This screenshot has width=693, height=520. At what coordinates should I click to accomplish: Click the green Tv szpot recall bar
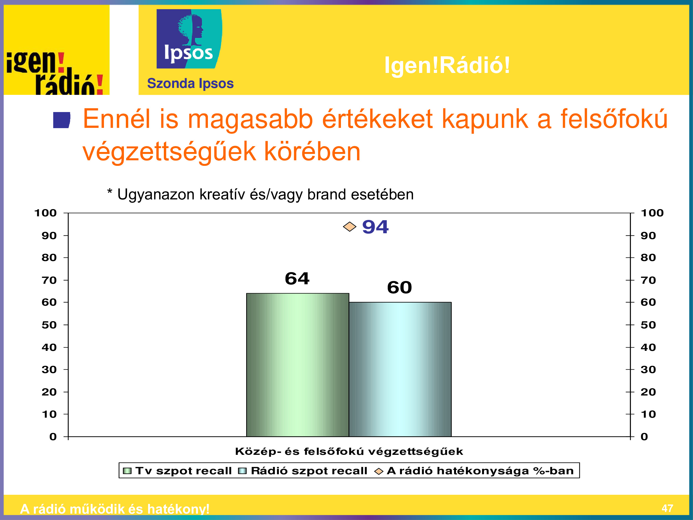pos(298,365)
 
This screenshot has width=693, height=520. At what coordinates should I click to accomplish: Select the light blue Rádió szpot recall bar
pos(400,369)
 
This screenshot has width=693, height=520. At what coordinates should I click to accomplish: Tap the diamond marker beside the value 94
pos(350,227)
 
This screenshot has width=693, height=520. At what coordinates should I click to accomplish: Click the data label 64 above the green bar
pos(297,278)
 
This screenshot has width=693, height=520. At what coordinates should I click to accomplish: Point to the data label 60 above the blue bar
pos(399,287)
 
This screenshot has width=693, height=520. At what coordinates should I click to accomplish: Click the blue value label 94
pos(375,227)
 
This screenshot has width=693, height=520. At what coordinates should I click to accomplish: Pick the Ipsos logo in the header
pos(189,39)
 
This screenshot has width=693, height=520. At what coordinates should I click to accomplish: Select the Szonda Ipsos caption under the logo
pos(190,83)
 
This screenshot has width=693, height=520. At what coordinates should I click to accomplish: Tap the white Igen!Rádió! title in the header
pos(447,65)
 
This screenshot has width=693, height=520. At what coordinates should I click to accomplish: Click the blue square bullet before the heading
pos(62,120)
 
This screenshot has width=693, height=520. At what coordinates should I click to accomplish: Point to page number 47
pos(667,508)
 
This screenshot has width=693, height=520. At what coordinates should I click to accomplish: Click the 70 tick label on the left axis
pos(49,280)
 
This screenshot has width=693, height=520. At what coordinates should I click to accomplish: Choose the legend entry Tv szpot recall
pos(177,471)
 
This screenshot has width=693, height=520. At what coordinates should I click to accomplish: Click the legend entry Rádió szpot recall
pos(303,471)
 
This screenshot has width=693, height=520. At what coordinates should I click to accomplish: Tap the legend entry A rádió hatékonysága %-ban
pos(474,471)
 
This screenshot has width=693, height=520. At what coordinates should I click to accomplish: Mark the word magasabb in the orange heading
pos(250,120)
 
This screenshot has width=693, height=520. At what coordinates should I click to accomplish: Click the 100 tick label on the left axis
pos(45,213)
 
